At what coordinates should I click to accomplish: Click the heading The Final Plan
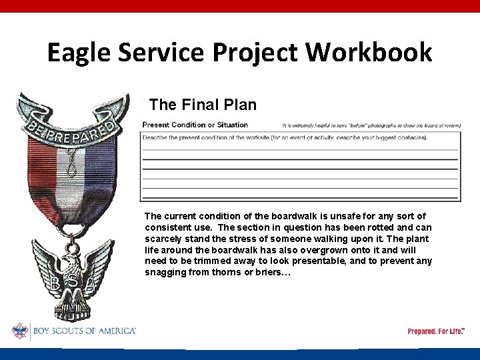click(x=203, y=105)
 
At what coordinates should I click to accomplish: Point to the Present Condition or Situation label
click(x=195, y=125)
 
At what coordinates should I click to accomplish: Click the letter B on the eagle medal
click(x=54, y=283)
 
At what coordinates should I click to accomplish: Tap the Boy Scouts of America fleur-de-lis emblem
click(x=20, y=331)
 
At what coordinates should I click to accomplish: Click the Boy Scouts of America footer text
click(x=83, y=331)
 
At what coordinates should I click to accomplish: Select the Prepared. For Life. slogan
click(x=435, y=331)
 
